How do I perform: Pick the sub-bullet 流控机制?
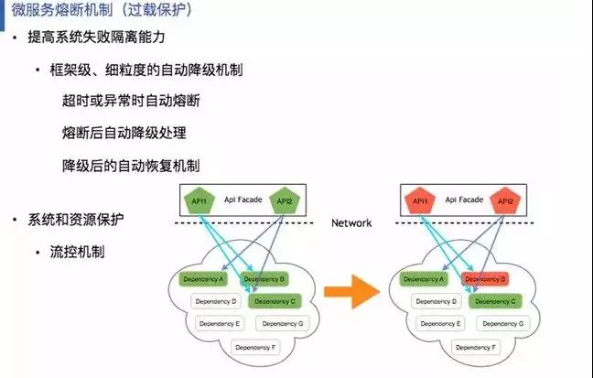[78, 250]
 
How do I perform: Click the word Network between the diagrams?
[351, 222]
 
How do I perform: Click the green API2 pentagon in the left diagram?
[283, 201]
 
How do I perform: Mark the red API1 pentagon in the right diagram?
[420, 201]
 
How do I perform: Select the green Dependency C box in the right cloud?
[495, 300]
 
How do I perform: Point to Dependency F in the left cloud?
[253, 347]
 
